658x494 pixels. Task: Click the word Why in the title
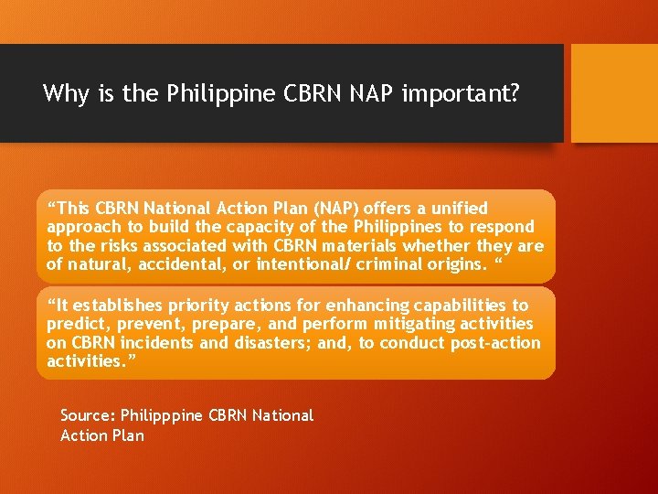(x=63, y=93)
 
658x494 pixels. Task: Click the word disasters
(x=266, y=343)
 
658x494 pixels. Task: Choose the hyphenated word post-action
(x=498, y=343)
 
